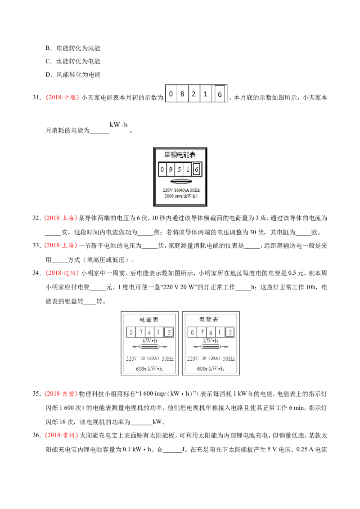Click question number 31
[36, 98]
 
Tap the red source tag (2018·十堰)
[62, 98]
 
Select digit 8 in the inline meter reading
[182, 94]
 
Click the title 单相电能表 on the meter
[180, 155]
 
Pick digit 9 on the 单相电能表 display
[171, 169]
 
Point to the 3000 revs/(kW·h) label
[180, 196]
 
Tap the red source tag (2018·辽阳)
[62, 273]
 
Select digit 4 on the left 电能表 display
[149, 332]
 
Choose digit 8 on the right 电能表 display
[211, 332]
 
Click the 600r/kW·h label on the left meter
[149, 369]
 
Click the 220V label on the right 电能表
[193, 358]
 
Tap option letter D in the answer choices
[48, 75]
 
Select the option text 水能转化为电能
[78, 61]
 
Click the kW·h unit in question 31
[119, 125]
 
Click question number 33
[36, 246]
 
